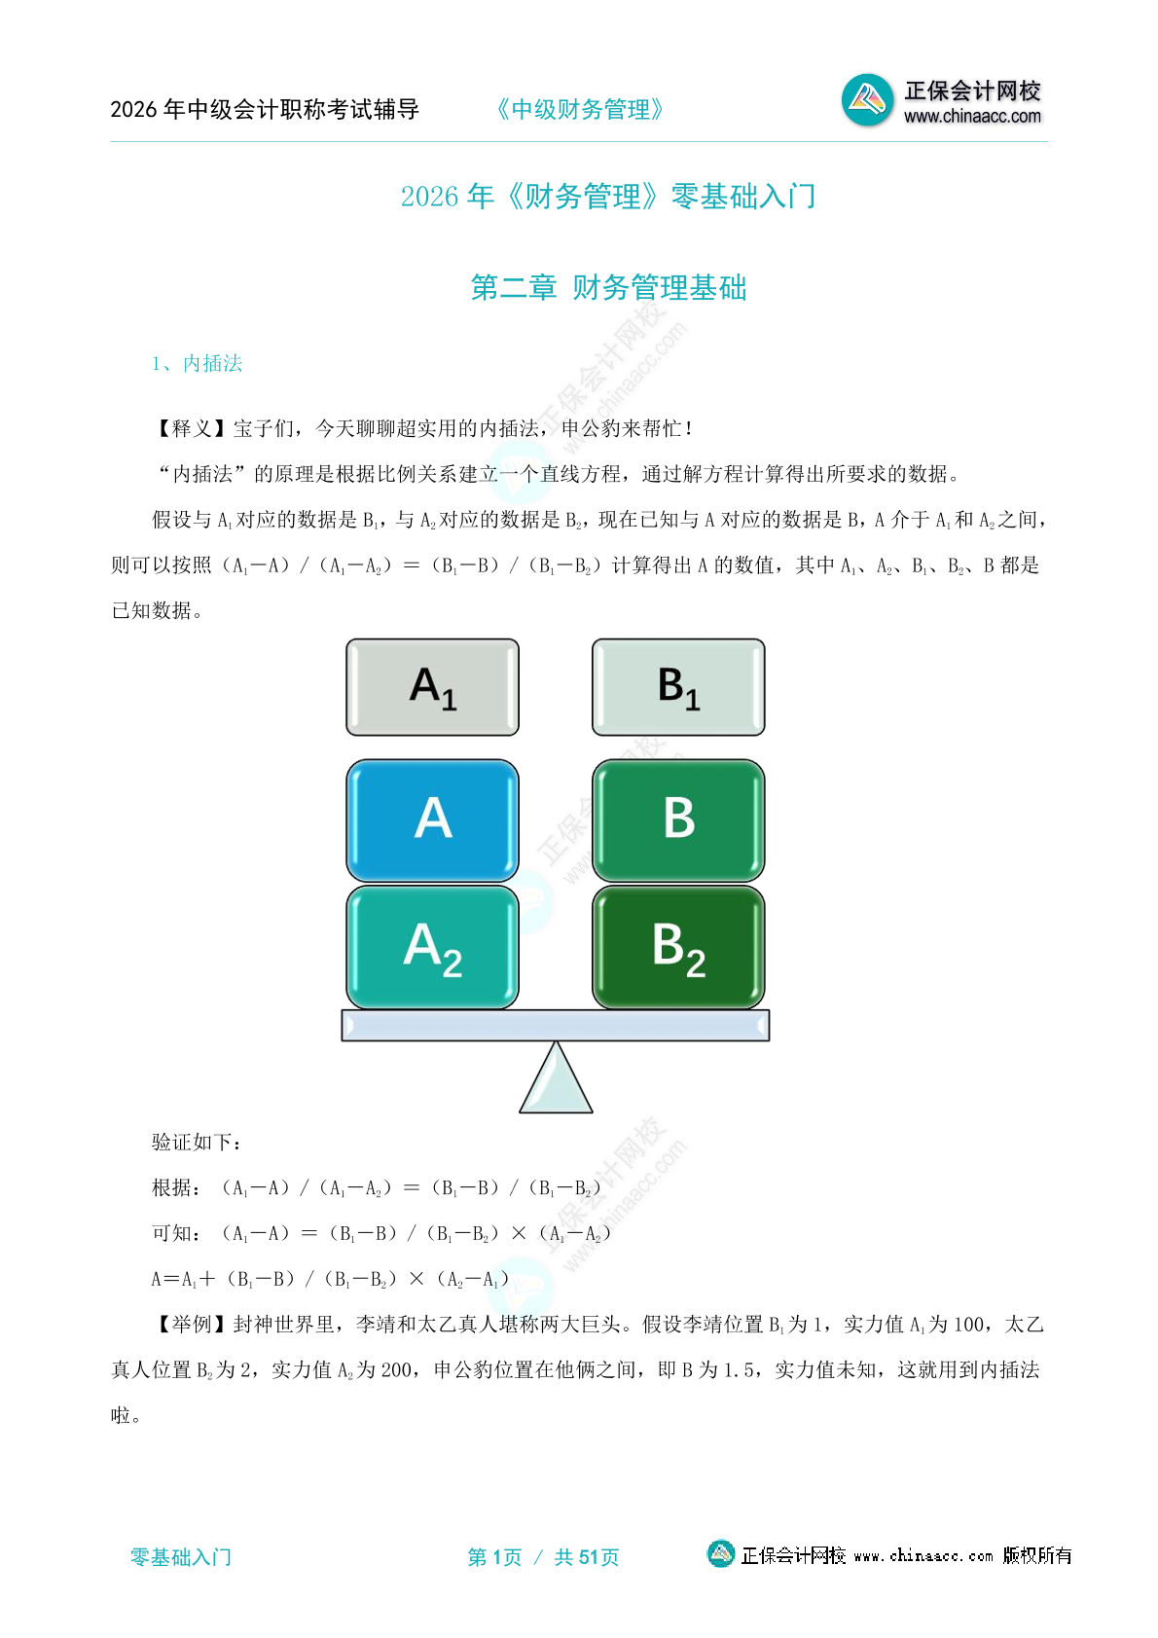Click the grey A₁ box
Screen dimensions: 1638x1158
pyautogui.click(x=432, y=687)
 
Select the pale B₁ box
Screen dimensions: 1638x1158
pyautogui.click(x=678, y=687)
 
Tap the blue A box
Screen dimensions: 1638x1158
pyautogui.click(x=432, y=819)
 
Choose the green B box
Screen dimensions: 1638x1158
pyautogui.click(x=678, y=819)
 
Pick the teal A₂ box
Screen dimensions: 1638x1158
pyautogui.click(x=432, y=947)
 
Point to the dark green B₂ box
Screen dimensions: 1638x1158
pyautogui.click(x=678, y=947)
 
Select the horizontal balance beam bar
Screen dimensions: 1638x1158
pyautogui.click(x=555, y=1025)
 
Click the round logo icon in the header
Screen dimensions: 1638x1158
pyautogui.click(x=867, y=99)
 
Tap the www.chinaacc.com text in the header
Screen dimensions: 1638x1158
pyautogui.click(x=972, y=117)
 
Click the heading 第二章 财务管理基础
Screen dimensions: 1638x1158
pyautogui.click(x=608, y=288)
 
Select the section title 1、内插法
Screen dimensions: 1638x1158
pyautogui.click(x=197, y=363)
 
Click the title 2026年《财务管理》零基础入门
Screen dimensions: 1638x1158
pyautogui.click(x=608, y=197)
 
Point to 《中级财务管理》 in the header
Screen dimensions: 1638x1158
pyautogui.click(x=580, y=110)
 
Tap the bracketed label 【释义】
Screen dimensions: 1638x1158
pyautogui.click(x=192, y=428)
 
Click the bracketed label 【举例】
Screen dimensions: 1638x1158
pyautogui.click(x=192, y=1324)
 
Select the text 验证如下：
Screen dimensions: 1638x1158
pyautogui.click(x=197, y=1142)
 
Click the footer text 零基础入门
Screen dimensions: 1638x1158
pyautogui.click(x=181, y=1557)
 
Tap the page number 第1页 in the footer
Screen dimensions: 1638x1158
pyautogui.click(x=494, y=1557)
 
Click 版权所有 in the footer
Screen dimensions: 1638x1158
pyautogui.click(x=1037, y=1555)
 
